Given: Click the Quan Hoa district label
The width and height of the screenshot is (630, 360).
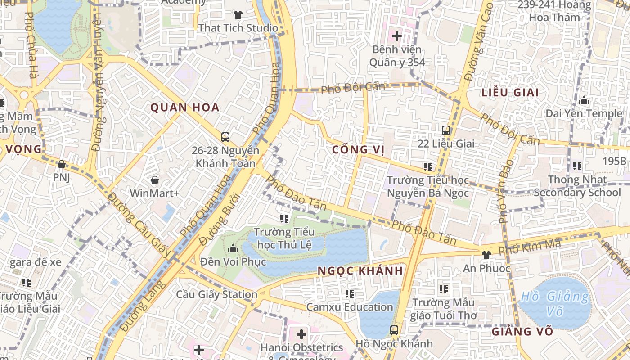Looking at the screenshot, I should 185,108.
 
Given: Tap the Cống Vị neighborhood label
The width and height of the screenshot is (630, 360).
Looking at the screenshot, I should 359,149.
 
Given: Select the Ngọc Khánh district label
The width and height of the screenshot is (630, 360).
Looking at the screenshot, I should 360,271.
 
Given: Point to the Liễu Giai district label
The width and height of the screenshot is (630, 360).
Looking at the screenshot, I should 510,93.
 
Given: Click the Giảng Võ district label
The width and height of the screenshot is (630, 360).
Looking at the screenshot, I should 522,332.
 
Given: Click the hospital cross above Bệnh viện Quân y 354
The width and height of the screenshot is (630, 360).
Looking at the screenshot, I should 396,36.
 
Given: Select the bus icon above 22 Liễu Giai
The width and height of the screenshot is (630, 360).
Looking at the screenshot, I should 446,130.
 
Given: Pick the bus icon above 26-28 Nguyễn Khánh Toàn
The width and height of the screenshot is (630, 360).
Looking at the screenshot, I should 225,137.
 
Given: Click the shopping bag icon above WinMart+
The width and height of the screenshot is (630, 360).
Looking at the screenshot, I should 155,180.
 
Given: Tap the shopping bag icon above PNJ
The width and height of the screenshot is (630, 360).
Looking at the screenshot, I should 62,164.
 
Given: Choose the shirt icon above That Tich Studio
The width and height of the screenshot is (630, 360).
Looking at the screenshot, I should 238,15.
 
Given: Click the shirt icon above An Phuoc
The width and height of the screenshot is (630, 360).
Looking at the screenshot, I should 486,255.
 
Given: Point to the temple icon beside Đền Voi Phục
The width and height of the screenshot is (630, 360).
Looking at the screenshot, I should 233,248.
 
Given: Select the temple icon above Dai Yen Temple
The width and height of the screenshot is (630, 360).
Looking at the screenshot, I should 584,100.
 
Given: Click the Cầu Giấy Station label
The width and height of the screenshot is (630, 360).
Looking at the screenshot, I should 216,295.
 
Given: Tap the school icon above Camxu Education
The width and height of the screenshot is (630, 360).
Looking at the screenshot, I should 350,294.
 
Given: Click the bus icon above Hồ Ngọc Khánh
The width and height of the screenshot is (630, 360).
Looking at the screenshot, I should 394,330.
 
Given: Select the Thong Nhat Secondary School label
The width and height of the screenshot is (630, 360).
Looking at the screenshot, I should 577,186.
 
